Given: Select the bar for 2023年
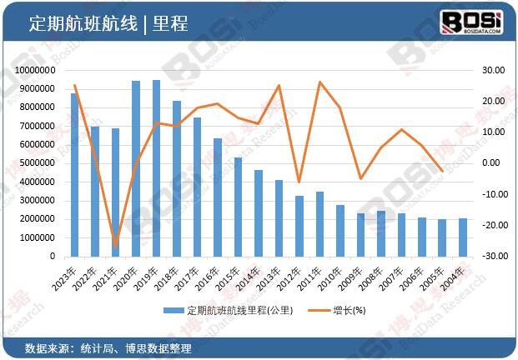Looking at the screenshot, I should click(74, 175).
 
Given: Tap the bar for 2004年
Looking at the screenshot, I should click(463, 237).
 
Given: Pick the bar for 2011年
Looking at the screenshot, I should click(319, 224).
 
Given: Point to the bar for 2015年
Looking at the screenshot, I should click(238, 207).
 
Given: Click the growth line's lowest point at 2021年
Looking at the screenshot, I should click(115, 246).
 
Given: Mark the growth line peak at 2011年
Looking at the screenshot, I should click(319, 82).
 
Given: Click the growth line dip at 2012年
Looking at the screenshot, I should click(299, 182).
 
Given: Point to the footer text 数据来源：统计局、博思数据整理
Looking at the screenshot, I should click(108, 347).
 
